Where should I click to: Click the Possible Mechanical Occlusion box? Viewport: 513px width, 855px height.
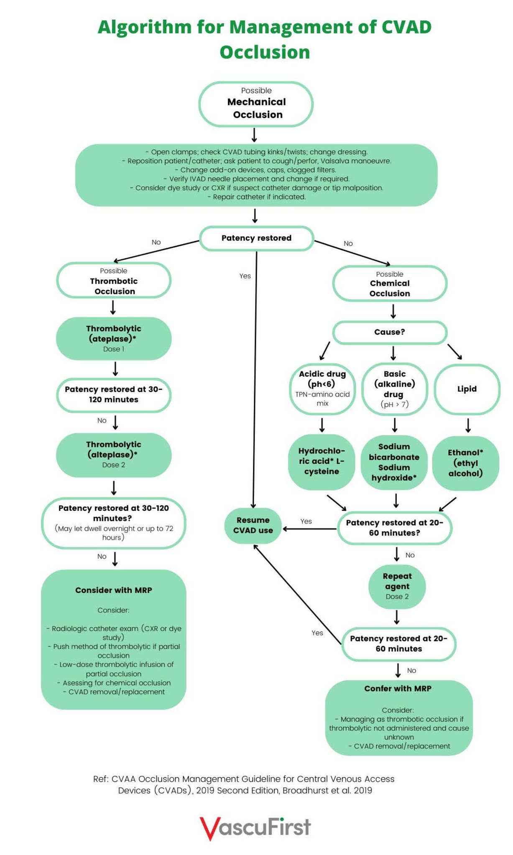(x=256, y=104)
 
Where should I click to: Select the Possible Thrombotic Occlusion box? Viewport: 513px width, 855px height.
(x=113, y=280)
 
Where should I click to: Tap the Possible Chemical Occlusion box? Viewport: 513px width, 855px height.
(x=389, y=283)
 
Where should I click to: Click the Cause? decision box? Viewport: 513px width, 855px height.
(x=389, y=332)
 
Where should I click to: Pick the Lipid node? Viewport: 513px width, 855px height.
(x=467, y=389)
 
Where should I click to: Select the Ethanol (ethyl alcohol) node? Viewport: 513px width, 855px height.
(x=465, y=463)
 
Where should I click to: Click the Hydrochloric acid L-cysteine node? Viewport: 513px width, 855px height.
(x=322, y=461)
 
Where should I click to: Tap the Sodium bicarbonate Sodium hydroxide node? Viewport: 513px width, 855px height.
(x=394, y=462)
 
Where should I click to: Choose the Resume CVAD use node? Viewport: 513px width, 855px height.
(x=253, y=525)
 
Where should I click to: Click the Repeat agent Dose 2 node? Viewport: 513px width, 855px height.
(x=397, y=586)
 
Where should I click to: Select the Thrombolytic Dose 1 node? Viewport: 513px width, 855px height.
(x=113, y=338)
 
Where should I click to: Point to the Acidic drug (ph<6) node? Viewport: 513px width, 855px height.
(x=322, y=388)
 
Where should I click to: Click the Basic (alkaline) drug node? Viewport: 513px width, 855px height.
(x=394, y=388)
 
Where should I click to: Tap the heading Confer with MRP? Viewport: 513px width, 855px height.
(x=398, y=688)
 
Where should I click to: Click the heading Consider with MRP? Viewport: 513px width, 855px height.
(x=113, y=590)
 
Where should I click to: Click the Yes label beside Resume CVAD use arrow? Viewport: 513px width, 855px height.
(x=306, y=521)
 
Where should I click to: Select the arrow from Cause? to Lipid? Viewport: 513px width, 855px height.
(x=454, y=352)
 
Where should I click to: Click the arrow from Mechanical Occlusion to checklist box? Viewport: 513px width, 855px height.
(x=254, y=135)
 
